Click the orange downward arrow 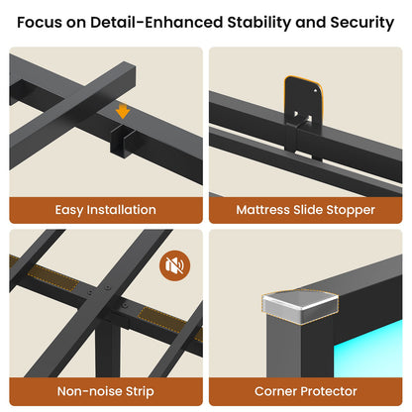coord(123,111)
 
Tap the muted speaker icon coord(175,265)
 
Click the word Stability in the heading coord(258,23)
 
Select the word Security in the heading coord(362,23)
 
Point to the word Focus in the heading coord(40,23)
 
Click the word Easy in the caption coord(68,210)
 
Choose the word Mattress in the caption coord(262,210)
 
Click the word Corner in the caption coord(275,391)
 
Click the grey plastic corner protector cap coord(300,307)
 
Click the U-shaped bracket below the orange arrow coord(121,142)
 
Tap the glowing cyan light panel coord(368,349)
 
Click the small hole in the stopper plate coord(316,90)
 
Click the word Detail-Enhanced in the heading coord(156,23)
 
